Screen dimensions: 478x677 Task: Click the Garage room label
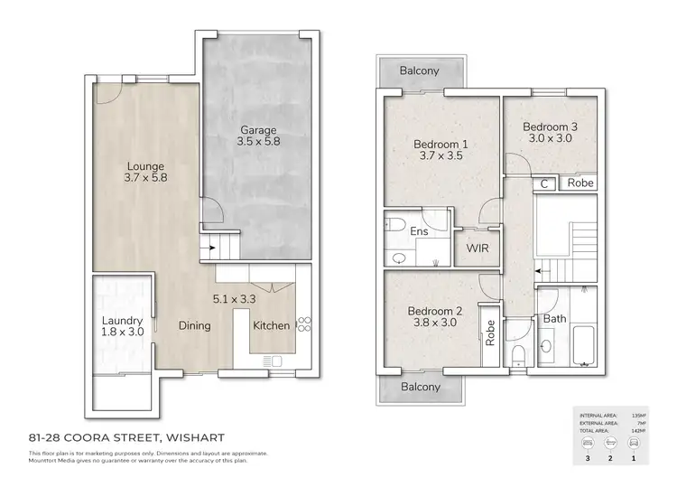[x=258, y=129]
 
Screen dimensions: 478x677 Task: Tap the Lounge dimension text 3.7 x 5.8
[x=146, y=178]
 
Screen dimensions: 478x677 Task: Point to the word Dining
[x=194, y=326]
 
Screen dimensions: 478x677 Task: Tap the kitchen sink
[x=272, y=362]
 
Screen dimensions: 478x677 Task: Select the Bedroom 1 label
[x=441, y=144]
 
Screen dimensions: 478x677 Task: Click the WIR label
[x=477, y=247]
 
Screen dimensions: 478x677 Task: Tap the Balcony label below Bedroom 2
[x=421, y=387]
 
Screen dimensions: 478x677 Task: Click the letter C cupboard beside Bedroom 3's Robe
[x=543, y=183]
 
